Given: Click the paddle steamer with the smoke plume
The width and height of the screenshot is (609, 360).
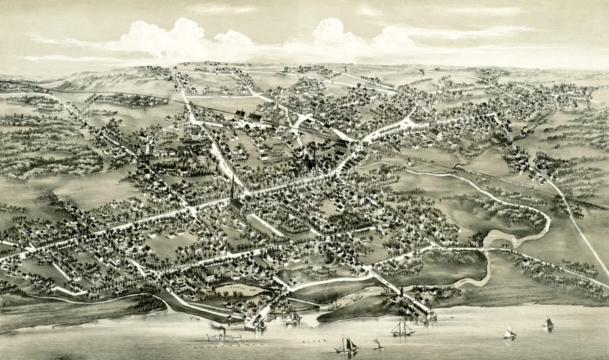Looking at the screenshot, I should coord(223,336).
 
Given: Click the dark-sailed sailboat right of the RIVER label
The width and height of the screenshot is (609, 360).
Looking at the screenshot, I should coord(346,345).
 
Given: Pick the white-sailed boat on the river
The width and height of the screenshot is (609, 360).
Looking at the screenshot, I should coord(509,333).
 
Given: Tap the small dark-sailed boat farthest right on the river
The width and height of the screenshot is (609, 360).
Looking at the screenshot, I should coord(547,323).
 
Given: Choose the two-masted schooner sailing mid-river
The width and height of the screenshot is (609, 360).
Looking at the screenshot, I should coord(402,329).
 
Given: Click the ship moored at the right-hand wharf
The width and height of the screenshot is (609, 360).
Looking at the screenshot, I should coord(428,316).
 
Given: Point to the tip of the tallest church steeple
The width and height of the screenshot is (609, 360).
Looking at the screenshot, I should coord(232,176).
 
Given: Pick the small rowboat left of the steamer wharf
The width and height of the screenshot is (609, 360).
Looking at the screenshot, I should coord(195,318).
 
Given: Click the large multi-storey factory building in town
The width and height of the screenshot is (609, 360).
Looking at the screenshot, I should coord(341,147).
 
